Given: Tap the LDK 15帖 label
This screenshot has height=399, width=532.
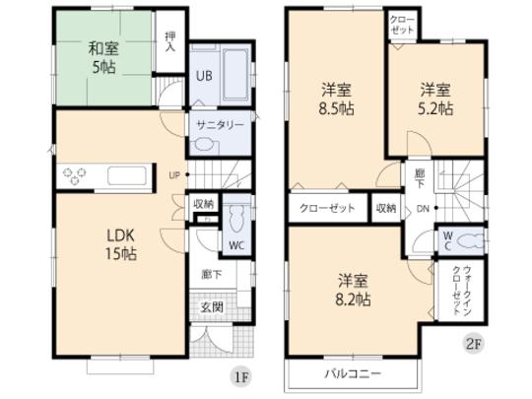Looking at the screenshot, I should tap(121, 243).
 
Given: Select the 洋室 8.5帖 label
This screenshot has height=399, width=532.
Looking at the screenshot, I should tap(336, 100).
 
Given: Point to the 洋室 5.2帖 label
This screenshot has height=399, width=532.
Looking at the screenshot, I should tap(435, 100).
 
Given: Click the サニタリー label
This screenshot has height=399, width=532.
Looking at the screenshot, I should tap(219, 124).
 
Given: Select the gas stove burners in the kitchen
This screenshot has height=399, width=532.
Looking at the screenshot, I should tap(76, 178).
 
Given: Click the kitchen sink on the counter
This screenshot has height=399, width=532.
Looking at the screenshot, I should tap(127, 178).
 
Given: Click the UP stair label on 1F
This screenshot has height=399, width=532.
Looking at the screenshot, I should tap(173, 176).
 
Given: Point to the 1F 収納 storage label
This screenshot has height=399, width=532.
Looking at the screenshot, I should tap(204, 204).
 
